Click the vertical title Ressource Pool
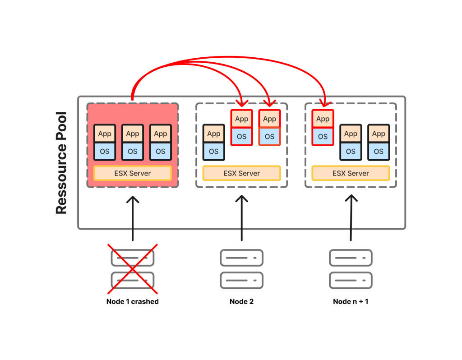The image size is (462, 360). [61, 163]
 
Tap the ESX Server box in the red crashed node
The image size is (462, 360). [133, 173]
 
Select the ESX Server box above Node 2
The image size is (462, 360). [242, 173]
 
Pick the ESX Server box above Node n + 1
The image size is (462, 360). [351, 173]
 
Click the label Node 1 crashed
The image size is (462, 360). [133, 301]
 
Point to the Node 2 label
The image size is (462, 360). [242, 301]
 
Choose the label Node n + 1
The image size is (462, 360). [351, 301]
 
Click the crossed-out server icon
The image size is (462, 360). [133, 269]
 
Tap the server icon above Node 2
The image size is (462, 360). [242, 269]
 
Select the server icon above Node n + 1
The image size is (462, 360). [351, 269]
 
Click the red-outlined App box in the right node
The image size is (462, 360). [323, 119]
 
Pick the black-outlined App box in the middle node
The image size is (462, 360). [214, 134]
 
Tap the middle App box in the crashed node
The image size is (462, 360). [133, 134]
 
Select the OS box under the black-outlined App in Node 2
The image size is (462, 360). [214, 152]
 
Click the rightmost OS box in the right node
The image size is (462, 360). [379, 152]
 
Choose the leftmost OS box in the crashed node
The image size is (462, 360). [105, 152]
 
